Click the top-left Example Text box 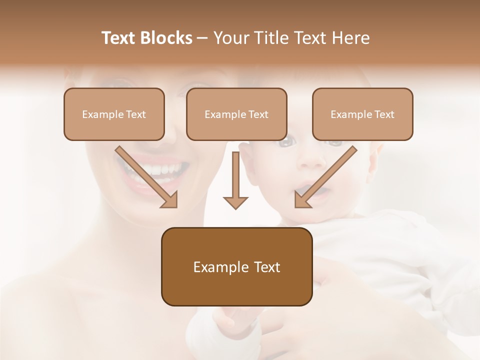point(114,114)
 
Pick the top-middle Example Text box point(236,114)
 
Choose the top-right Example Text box point(362,114)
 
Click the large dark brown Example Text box point(236,266)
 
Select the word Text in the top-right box point(384,114)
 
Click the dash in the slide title point(202,38)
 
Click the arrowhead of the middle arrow point(235,202)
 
